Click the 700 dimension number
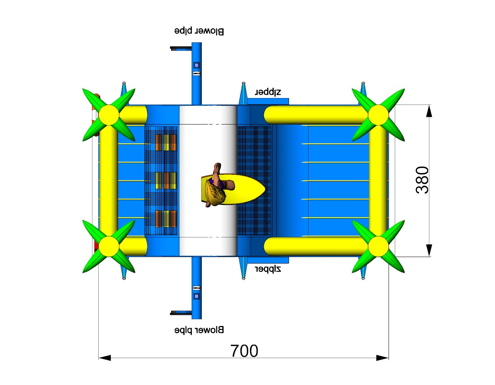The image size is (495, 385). tap(244, 351)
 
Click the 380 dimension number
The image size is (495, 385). tap(422, 180)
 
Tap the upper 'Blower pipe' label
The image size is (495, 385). tap(199, 31)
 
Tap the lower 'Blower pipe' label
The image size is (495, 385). tap(199, 330)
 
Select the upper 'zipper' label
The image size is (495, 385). tap(268, 92)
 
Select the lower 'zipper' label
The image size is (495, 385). tap(268, 269)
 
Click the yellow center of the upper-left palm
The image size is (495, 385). tap(109, 115)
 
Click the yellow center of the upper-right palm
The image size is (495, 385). tap(378, 115)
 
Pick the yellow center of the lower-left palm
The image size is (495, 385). tap(109, 246)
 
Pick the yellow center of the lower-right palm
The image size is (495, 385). tap(378, 246)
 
